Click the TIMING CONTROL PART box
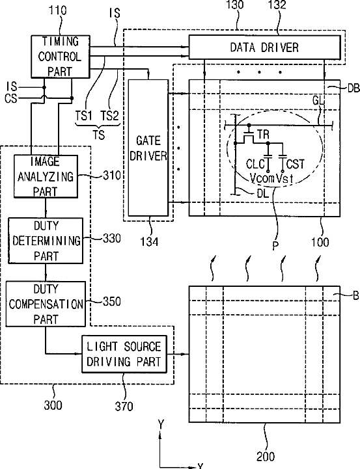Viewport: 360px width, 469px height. point(61,57)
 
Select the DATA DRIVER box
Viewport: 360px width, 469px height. point(264,47)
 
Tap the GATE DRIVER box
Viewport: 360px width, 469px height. point(148,148)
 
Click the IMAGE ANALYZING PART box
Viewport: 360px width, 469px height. point(46,176)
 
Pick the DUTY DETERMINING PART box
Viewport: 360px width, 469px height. point(46,241)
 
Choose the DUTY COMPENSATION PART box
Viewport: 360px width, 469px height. point(46,304)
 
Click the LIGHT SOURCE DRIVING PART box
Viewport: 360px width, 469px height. point(124,354)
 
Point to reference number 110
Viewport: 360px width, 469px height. point(57,10)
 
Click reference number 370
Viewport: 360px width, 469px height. point(124,407)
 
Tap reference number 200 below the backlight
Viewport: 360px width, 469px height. point(266,457)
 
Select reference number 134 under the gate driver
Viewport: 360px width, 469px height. point(149,241)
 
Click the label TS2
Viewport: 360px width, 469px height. point(109,116)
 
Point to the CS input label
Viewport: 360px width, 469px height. point(11,98)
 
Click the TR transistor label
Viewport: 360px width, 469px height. point(263,135)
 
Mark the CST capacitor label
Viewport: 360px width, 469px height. point(296,164)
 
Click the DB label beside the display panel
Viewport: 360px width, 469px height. point(353,88)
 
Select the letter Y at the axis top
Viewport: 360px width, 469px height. point(161,424)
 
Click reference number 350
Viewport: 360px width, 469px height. point(112,302)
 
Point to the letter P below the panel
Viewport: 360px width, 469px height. point(275,246)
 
